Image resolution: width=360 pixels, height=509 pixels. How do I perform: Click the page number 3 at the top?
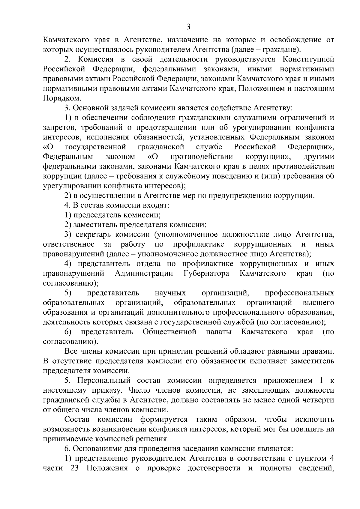click(x=188, y=27)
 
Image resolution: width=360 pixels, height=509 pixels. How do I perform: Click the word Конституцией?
click(x=308, y=59)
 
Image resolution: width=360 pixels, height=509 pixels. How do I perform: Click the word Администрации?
click(x=144, y=274)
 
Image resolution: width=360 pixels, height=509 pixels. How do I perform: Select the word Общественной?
click(x=169, y=332)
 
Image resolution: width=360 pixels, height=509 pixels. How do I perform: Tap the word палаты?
click(x=219, y=332)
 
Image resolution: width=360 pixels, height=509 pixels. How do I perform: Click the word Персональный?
click(x=104, y=381)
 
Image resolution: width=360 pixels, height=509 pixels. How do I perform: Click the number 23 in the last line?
click(x=74, y=469)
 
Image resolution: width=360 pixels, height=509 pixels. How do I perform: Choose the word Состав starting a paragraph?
click(x=77, y=420)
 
